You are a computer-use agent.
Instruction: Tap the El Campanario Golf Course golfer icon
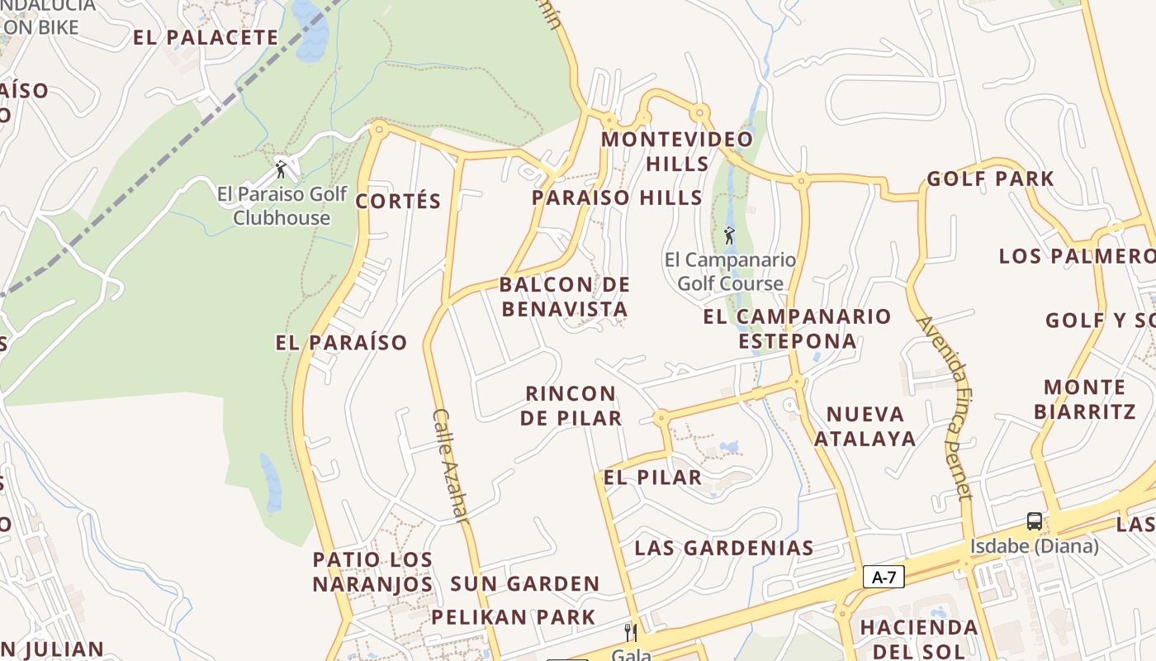click(x=729, y=236)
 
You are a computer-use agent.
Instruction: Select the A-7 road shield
click(x=884, y=577)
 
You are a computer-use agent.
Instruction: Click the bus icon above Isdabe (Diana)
click(x=1034, y=521)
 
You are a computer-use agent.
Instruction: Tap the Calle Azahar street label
click(x=451, y=466)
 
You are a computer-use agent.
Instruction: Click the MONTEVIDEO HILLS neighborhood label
click(x=677, y=150)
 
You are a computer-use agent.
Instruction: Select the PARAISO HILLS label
click(x=617, y=197)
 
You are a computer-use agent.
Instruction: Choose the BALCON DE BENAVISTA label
click(x=565, y=297)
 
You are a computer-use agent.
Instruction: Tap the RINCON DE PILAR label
click(x=571, y=405)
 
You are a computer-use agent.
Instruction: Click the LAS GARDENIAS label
click(x=724, y=547)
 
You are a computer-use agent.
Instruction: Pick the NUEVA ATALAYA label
click(x=865, y=426)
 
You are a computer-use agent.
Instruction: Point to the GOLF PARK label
click(x=990, y=178)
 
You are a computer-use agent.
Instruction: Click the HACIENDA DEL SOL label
click(x=919, y=639)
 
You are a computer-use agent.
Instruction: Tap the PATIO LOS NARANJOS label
click(x=372, y=571)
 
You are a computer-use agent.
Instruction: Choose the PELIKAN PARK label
click(x=513, y=616)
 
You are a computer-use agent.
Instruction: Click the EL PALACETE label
click(x=206, y=37)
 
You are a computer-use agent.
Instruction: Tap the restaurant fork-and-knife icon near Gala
click(x=630, y=633)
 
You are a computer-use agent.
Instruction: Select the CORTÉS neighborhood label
click(x=398, y=201)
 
